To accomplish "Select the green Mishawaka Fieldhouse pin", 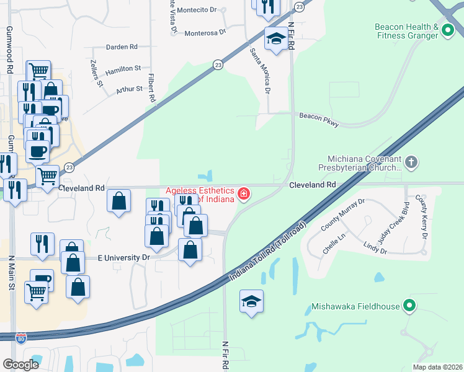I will click(x=408, y=306).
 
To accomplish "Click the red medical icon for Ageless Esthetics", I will click(x=244, y=194).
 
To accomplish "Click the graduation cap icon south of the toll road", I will click(x=251, y=301).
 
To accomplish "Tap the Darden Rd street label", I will click(x=122, y=47).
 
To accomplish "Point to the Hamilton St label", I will click(x=123, y=69).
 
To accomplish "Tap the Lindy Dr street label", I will click(x=375, y=249).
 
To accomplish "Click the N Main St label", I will click(x=11, y=273).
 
